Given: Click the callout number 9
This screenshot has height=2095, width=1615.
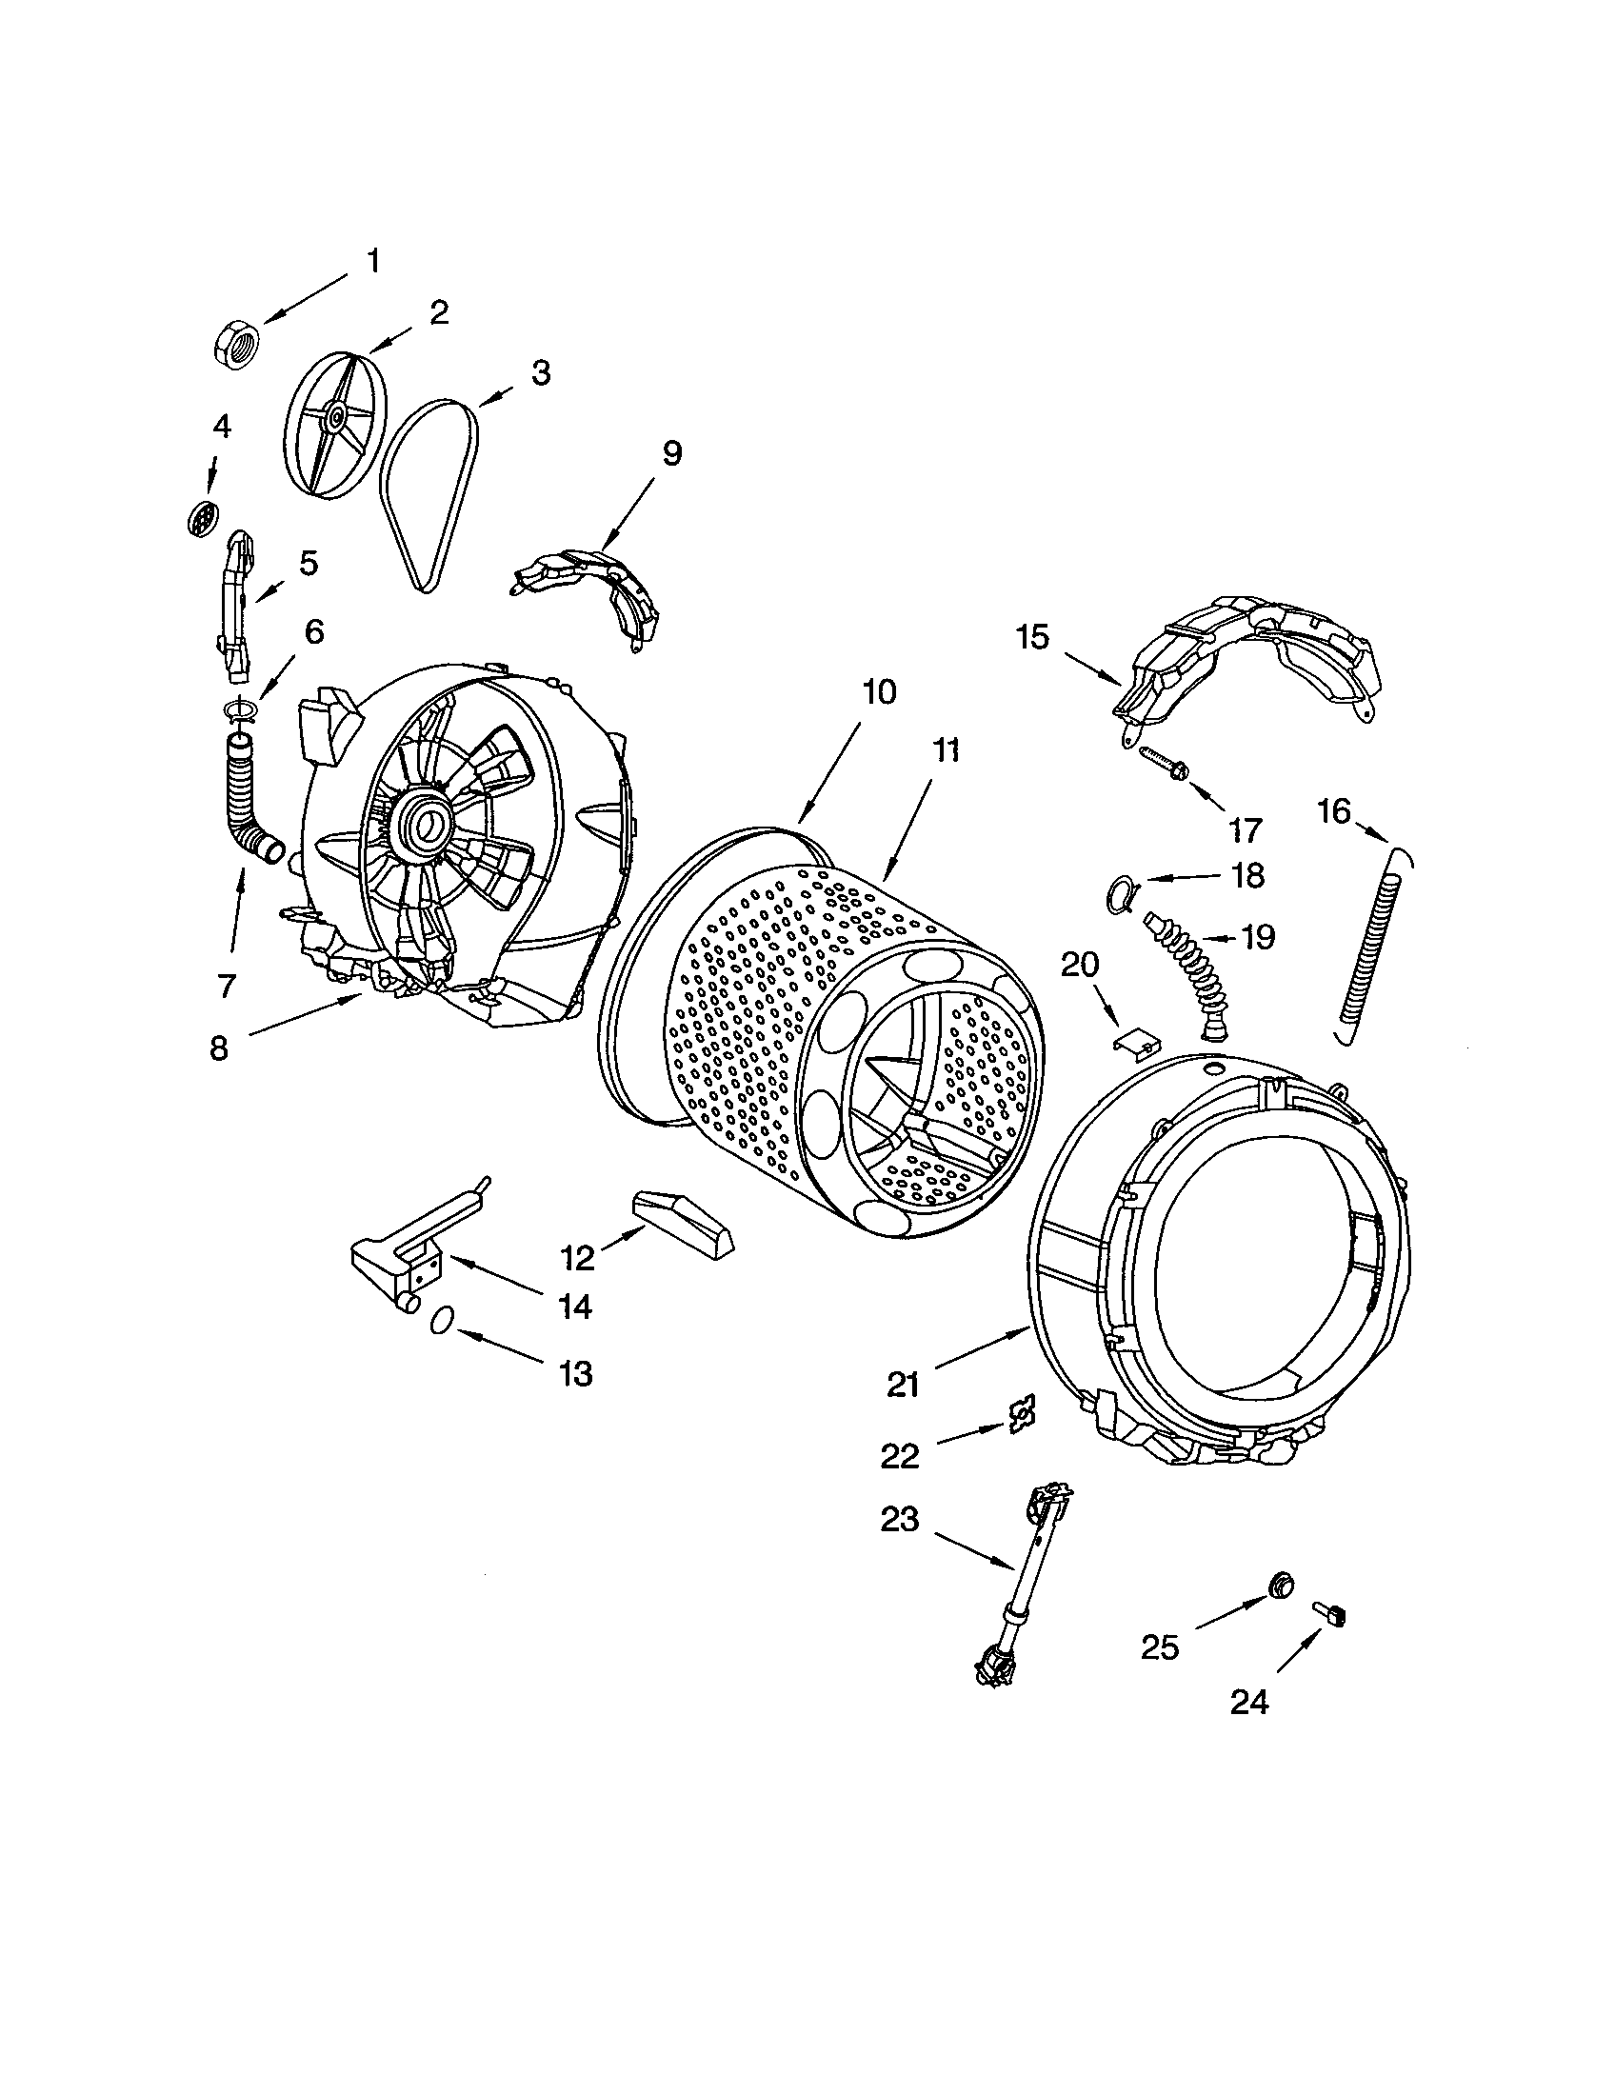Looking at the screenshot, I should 671,453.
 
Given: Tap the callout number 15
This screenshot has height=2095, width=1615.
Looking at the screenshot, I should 1033,637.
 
